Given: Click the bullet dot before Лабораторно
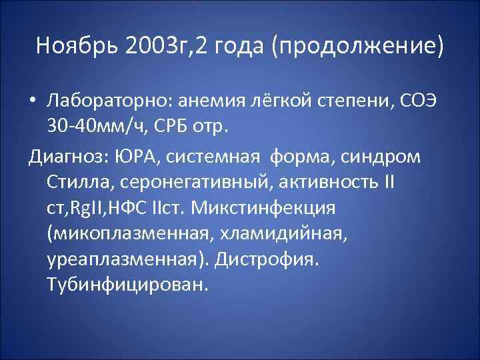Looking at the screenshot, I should (x=33, y=102).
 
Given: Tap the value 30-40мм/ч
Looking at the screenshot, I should (x=97, y=127).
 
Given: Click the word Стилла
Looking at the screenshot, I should (x=76, y=182).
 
